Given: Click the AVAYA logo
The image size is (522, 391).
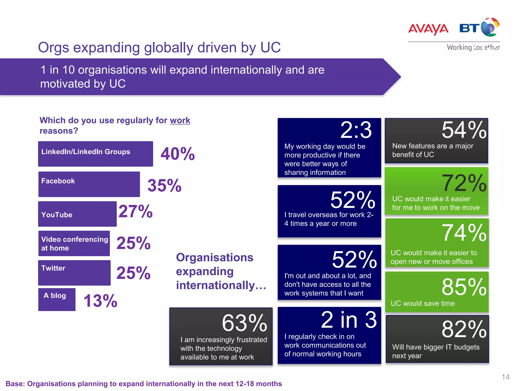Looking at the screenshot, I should (428, 29).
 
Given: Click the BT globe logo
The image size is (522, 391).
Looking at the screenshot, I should (490, 27).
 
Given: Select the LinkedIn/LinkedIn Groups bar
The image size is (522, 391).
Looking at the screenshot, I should (95, 154).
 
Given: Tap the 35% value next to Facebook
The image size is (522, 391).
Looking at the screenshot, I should (164, 185).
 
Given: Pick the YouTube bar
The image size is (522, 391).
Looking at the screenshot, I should (77, 214).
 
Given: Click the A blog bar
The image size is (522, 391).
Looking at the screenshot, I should (57, 300).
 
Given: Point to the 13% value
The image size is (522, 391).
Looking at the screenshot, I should (100, 301).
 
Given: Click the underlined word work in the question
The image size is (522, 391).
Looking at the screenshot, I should (180, 120).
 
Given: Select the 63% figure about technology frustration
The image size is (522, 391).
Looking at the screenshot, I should (244, 323).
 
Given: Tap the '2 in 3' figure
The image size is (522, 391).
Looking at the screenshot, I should (349, 320).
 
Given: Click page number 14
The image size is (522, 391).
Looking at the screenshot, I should (505, 377).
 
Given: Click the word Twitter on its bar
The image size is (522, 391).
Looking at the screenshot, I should (53, 268).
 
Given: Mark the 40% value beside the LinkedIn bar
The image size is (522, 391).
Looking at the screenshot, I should (178, 154).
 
